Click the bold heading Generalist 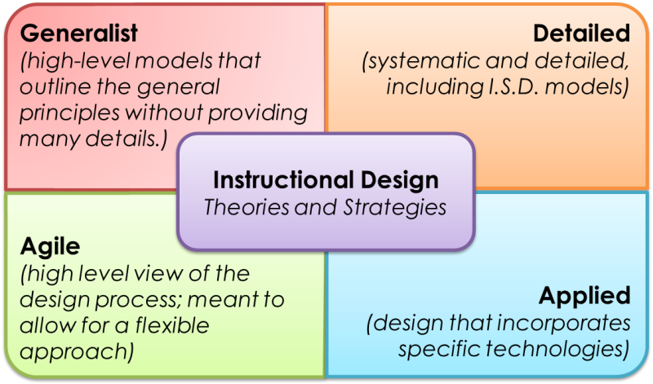[78, 33]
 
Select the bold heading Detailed [581, 33]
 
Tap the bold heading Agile [48, 247]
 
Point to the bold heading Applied [584, 295]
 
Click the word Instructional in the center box [275, 179]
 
